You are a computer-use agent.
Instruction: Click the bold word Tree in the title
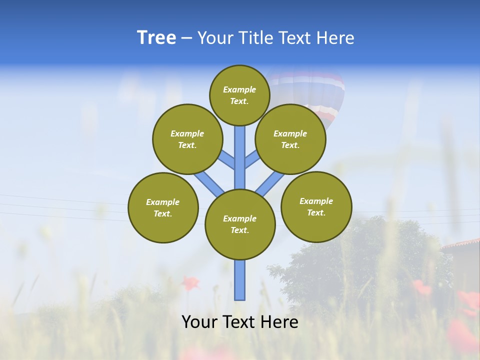pos(156,38)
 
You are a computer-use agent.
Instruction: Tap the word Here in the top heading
pos(335,38)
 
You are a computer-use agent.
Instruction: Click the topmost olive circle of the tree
pos(239,95)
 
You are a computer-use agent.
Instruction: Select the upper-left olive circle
pos(187,139)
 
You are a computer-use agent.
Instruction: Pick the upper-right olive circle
pos(290,139)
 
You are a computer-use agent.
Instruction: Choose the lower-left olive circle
pos(163,207)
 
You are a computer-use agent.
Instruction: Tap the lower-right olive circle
pos(316,206)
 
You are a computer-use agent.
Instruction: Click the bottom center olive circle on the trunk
pos(240,224)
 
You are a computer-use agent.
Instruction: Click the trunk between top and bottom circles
pos(240,157)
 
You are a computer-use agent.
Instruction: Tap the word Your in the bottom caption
pos(199,322)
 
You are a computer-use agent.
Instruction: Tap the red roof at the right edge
pos(462,244)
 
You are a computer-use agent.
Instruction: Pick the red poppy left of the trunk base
pos(189,283)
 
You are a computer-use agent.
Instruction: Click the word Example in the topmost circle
pos(239,89)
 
